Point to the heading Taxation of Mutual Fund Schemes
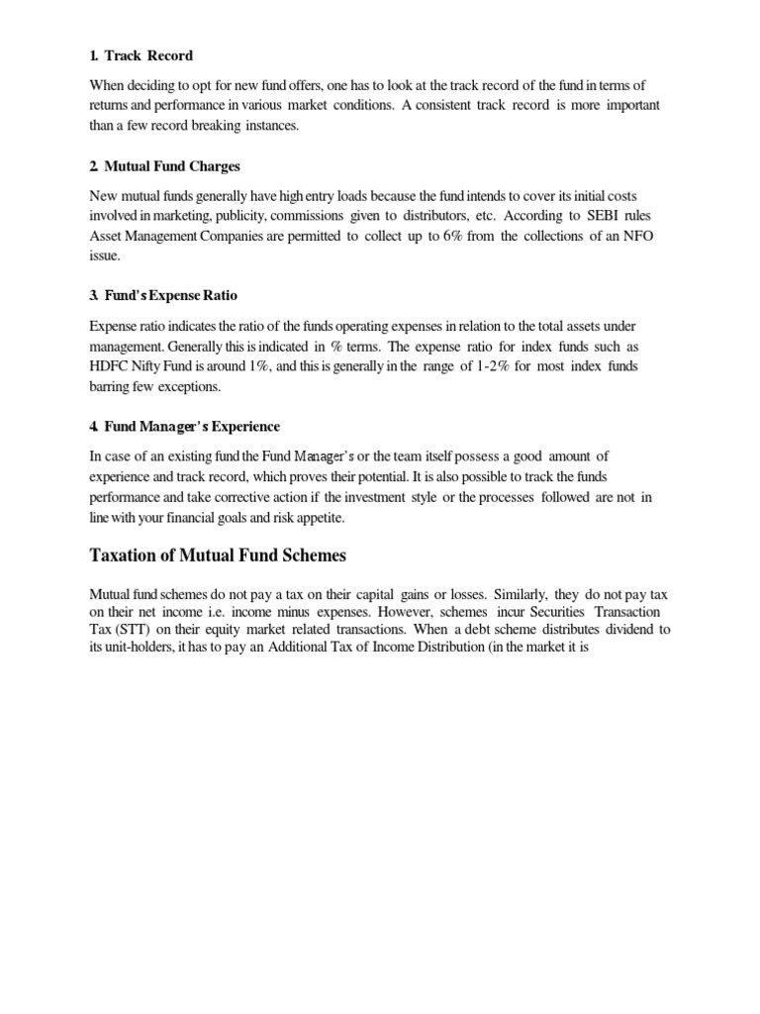218,556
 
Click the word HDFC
109,366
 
